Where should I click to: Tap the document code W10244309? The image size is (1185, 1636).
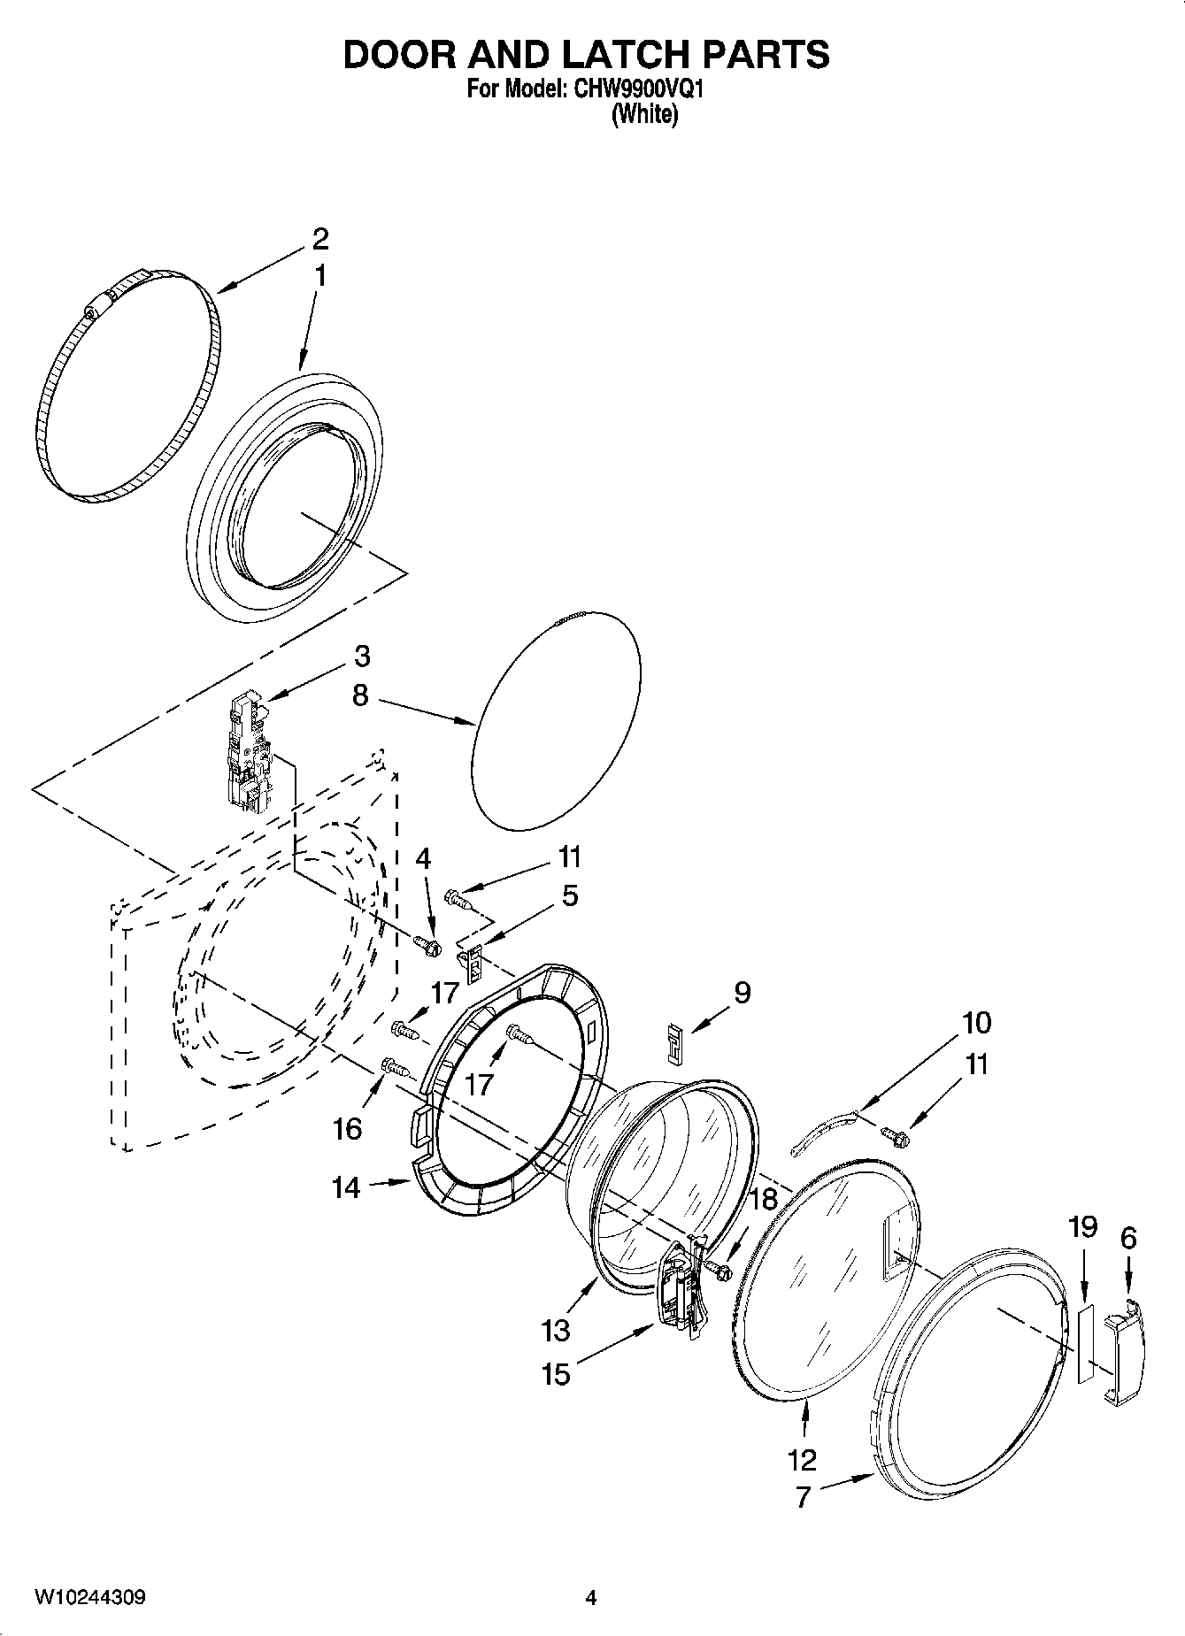pos(90,1597)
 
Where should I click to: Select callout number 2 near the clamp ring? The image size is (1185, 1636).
pos(319,238)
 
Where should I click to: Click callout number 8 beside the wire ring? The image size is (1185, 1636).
pos(359,695)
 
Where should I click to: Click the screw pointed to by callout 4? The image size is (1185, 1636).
pos(428,946)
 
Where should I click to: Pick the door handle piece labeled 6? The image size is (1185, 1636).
pos(1123,1350)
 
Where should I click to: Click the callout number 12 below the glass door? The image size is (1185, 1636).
pos(803,1458)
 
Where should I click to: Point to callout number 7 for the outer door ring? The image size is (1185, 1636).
pos(803,1496)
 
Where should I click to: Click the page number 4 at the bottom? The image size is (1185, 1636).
pos(591,1598)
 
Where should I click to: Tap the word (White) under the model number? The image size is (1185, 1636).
pos(645,115)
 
